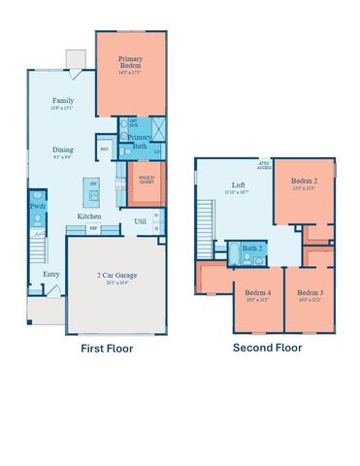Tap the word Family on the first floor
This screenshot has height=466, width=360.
pos(64,100)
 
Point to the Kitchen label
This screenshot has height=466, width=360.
pos(89,216)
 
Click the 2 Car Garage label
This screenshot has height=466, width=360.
pos(118,276)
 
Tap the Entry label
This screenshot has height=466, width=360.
pos(50,275)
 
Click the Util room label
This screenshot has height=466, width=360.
pos(141,221)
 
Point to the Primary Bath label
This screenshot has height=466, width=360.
pos(136,143)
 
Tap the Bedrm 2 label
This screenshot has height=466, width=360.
pos(303,182)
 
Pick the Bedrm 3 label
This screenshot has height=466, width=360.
pos(310,292)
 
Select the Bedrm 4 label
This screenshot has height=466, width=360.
pos(257,292)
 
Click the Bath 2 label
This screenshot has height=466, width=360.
pos(253,249)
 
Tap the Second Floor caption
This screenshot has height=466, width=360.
pos(267,348)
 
